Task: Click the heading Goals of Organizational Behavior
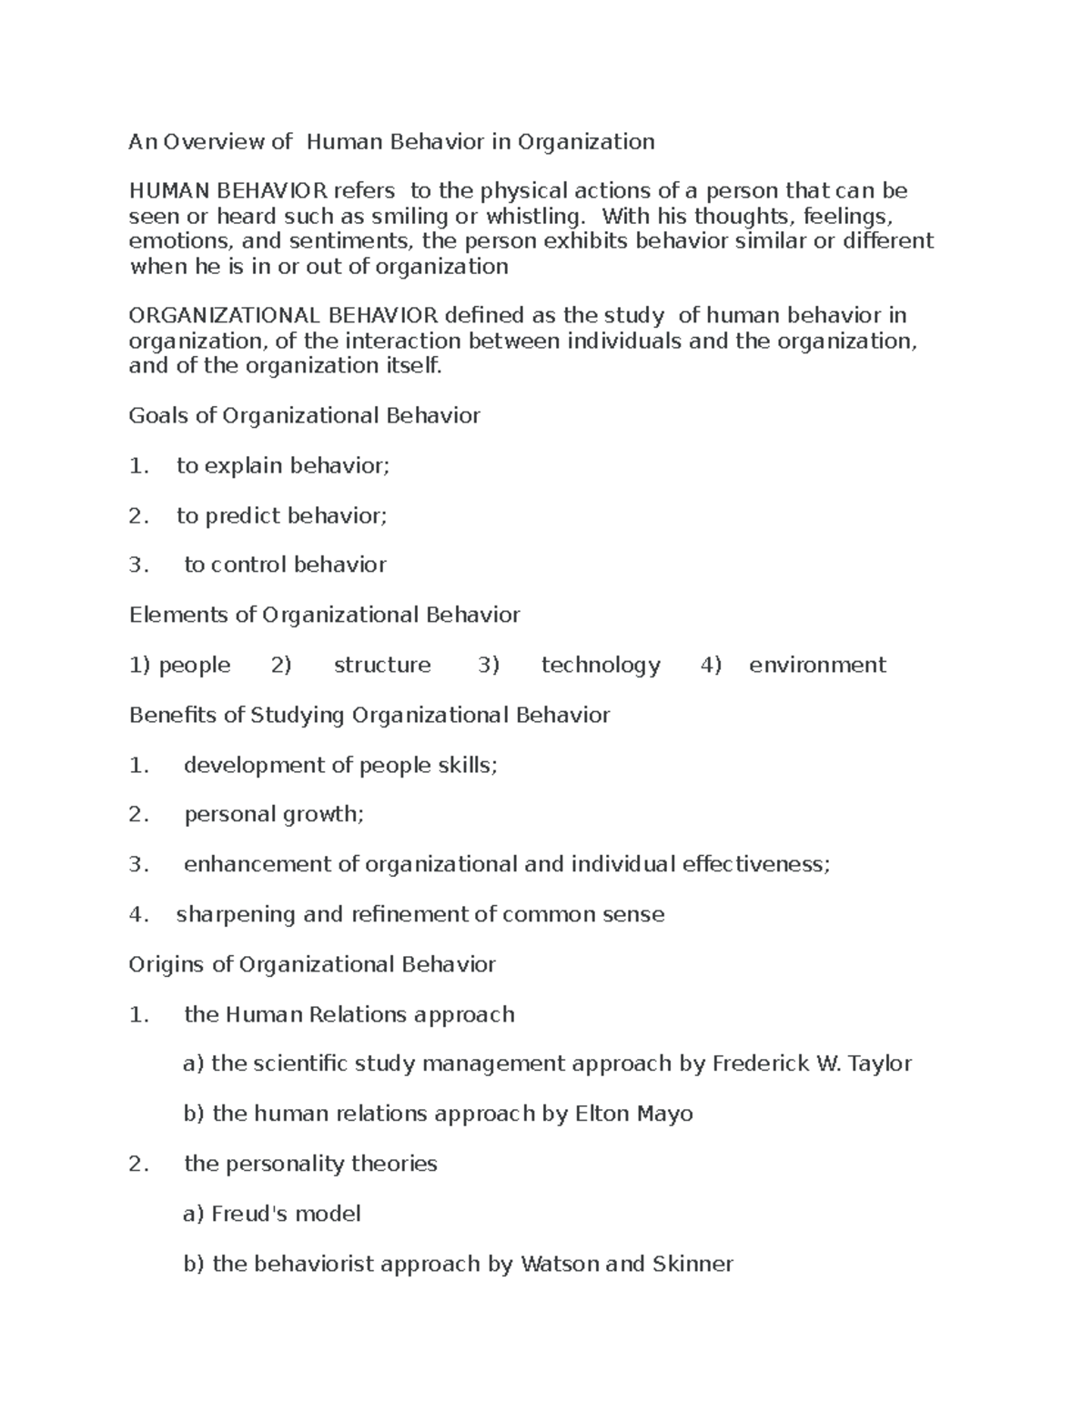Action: (x=304, y=415)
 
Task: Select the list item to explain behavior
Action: (x=282, y=465)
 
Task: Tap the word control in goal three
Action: (x=248, y=565)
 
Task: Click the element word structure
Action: (x=382, y=665)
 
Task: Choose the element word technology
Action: (x=601, y=665)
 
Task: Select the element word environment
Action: (x=817, y=665)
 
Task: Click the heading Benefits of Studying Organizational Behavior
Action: (x=369, y=715)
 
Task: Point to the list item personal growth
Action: (x=274, y=814)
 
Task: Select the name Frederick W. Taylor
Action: (x=812, y=1063)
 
